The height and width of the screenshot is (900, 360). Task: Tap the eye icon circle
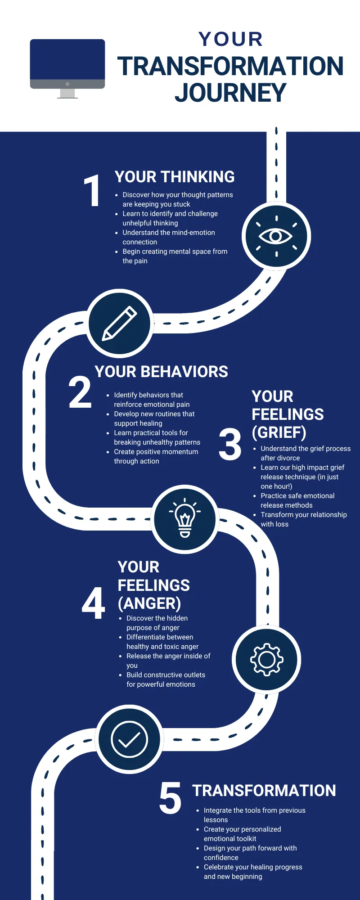coord(276,236)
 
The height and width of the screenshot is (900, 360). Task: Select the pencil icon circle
coord(120,323)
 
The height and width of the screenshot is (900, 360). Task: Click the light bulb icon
coord(185,518)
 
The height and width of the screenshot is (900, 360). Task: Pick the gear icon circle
coord(266,659)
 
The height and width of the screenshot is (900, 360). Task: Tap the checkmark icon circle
coord(129,739)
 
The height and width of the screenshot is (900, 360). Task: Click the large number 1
coord(92,191)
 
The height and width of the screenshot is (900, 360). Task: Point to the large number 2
coord(80,393)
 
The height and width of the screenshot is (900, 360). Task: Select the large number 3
coord(230,445)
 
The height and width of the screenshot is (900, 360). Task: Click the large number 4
coord(94,603)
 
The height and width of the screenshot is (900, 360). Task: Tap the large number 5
coord(170,798)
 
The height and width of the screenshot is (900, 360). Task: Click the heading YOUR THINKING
coord(175,177)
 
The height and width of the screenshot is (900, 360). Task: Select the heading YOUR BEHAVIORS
coord(161,372)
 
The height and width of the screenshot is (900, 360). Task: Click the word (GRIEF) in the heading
coord(279,432)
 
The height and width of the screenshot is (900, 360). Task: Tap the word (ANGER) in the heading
coord(149,603)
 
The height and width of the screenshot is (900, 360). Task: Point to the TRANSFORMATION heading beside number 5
coord(264,791)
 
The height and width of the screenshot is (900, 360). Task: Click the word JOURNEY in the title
coord(230,93)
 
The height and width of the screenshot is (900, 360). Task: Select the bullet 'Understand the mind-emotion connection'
coord(169,237)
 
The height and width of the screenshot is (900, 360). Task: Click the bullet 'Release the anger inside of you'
coord(168,661)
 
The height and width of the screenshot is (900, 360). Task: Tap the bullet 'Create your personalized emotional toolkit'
coord(242,834)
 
